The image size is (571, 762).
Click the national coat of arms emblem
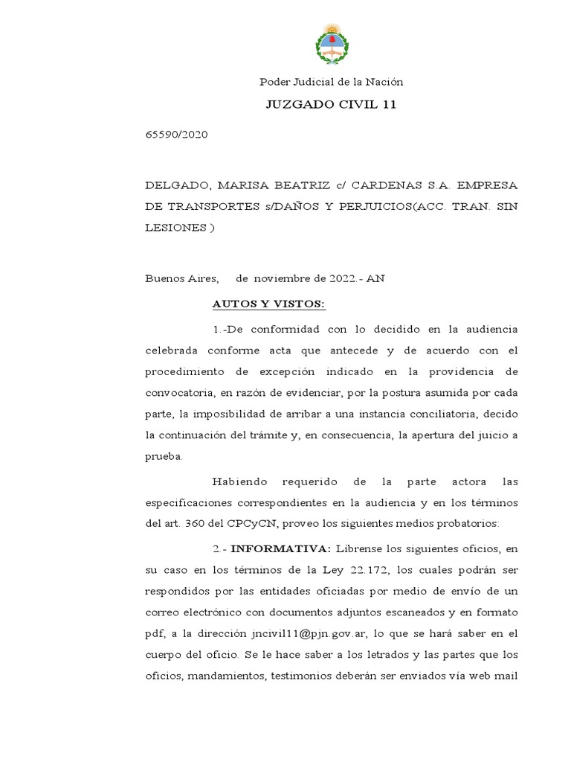pos(330,44)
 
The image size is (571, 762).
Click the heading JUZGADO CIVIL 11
pos(331,104)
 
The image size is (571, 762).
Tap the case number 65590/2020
pos(176,135)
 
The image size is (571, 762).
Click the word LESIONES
pos(174,228)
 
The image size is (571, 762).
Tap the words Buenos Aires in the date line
pos(181,279)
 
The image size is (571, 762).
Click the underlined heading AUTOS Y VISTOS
pos(268,304)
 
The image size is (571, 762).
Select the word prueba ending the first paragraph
pos(163,456)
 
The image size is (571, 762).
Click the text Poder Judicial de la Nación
pos(330,82)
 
